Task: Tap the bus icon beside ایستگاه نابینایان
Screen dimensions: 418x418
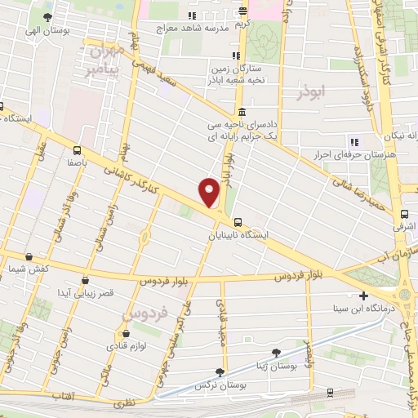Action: click(x=238, y=221)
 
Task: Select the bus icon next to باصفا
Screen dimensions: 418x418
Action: click(x=77, y=150)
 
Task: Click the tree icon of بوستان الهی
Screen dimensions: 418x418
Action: click(x=48, y=17)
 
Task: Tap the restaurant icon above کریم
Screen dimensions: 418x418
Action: click(x=242, y=11)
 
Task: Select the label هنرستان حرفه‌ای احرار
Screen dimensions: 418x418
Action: click(x=355, y=153)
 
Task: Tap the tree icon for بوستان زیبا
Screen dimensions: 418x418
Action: click(x=276, y=352)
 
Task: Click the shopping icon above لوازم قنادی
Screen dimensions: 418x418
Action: click(x=125, y=333)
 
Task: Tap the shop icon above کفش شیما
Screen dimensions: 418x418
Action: click(x=34, y=256)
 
